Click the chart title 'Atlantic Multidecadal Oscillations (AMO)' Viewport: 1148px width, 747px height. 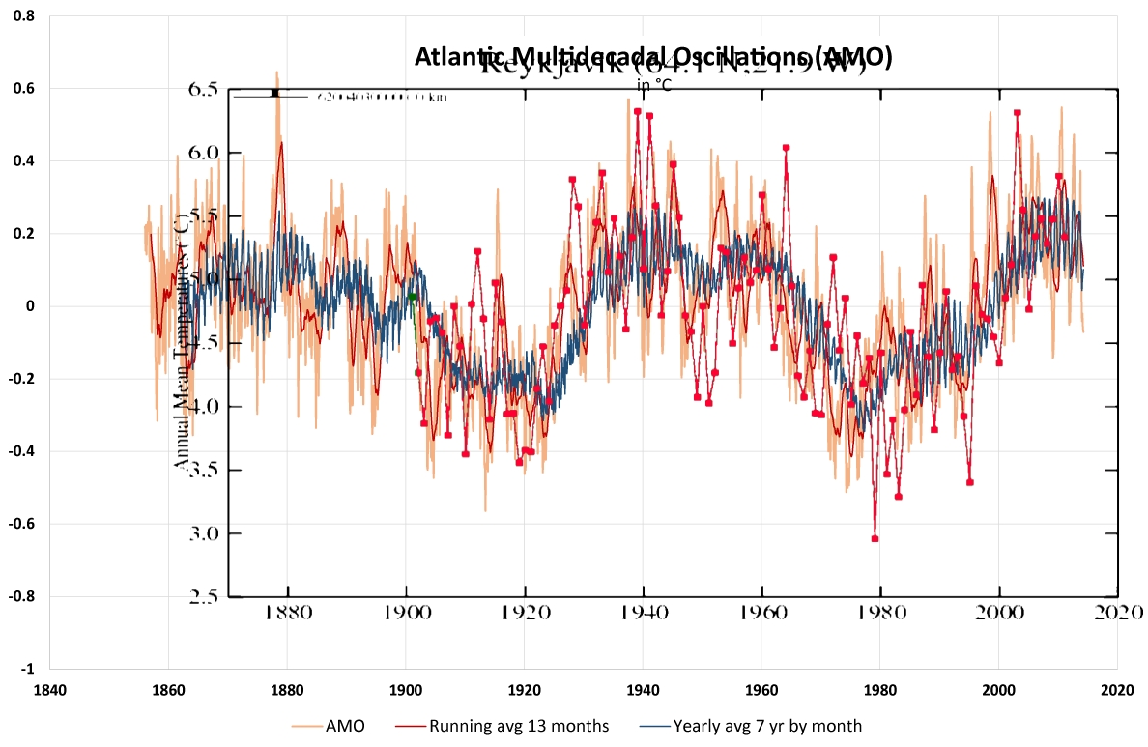(x=652, y=57)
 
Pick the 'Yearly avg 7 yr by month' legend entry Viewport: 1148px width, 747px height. (x=767, y=725)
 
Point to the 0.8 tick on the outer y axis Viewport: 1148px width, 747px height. (x=25, y=16)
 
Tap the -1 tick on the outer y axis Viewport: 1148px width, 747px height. (x=28, y=669)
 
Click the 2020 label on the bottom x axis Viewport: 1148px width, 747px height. (x=1117, y=691)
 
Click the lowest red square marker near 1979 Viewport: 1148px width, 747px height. (x=875, y=538)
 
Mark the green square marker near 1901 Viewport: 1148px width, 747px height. (x=412, y=298)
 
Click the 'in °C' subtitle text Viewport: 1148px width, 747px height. (x=653, y=84)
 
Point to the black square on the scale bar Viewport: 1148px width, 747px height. (x=275, y=93)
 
